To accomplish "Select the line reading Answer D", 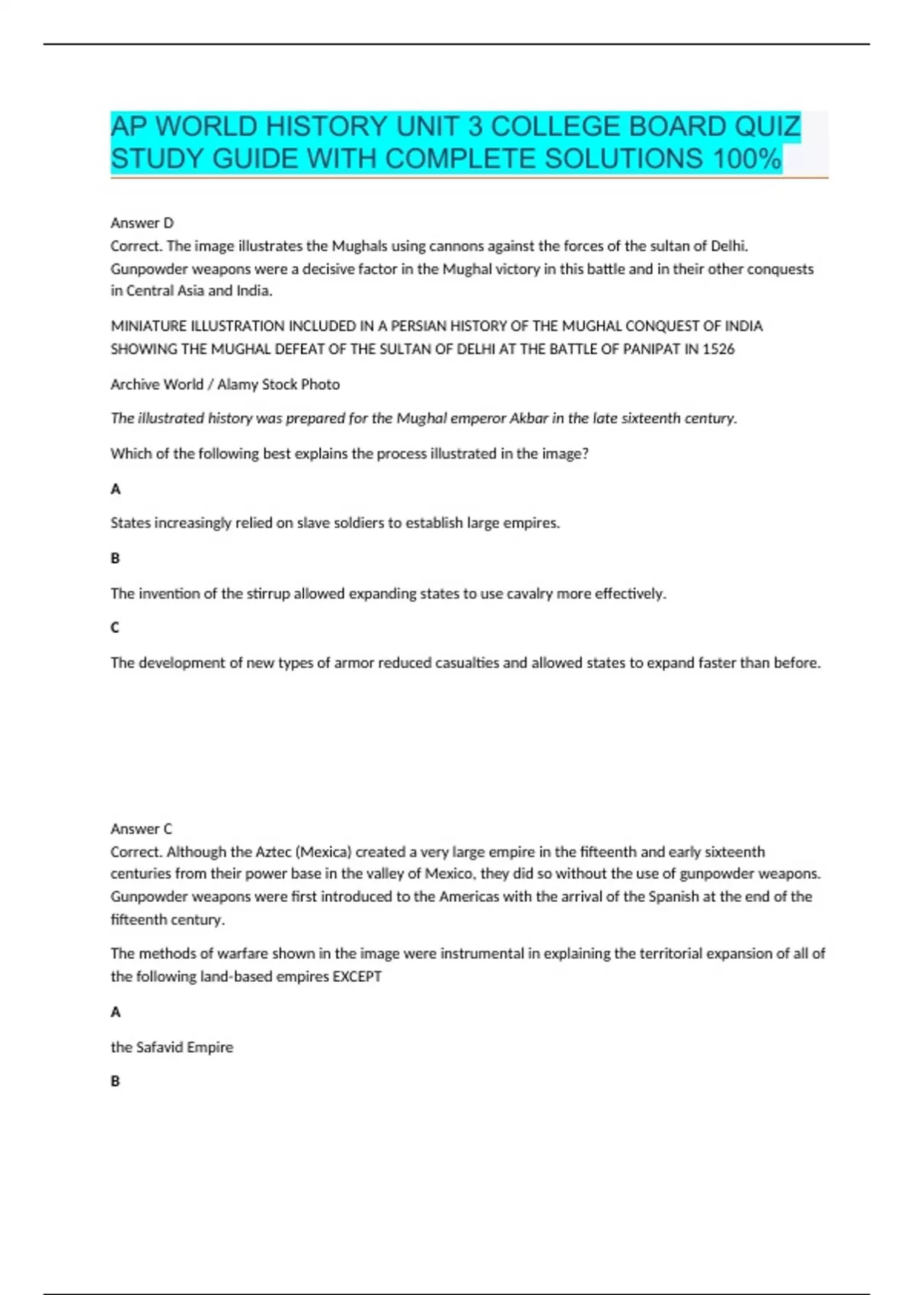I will (x=142, y=222).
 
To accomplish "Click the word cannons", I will (x=443, y=245).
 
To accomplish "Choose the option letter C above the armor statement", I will (x=115, y=627).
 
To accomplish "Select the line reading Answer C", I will (x=142, y=828).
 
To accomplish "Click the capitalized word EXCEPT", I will (x=357, y=977).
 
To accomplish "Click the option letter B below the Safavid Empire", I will (x=115, y=1081).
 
